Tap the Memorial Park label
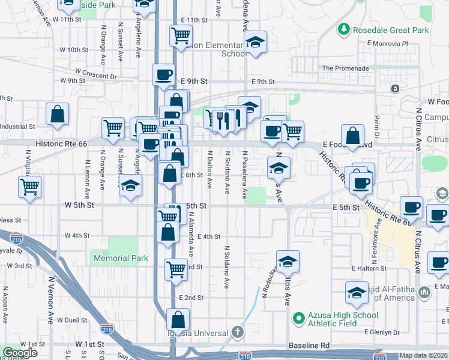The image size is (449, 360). point(121,258)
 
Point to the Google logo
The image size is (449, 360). point(20,353)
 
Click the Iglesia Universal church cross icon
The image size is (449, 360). point(238,332)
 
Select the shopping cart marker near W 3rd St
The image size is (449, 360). point(176,269)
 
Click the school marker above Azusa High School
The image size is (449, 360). point(288,261)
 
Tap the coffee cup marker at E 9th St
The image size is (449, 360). point(164,74)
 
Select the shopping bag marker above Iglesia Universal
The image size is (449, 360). point(178,319)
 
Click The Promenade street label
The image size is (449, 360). point(345,68)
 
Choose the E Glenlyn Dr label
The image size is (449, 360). point(382,332)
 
